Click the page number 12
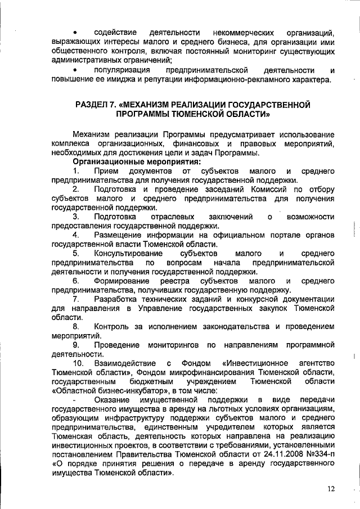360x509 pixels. (330, 488)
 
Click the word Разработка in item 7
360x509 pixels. (116, 299)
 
